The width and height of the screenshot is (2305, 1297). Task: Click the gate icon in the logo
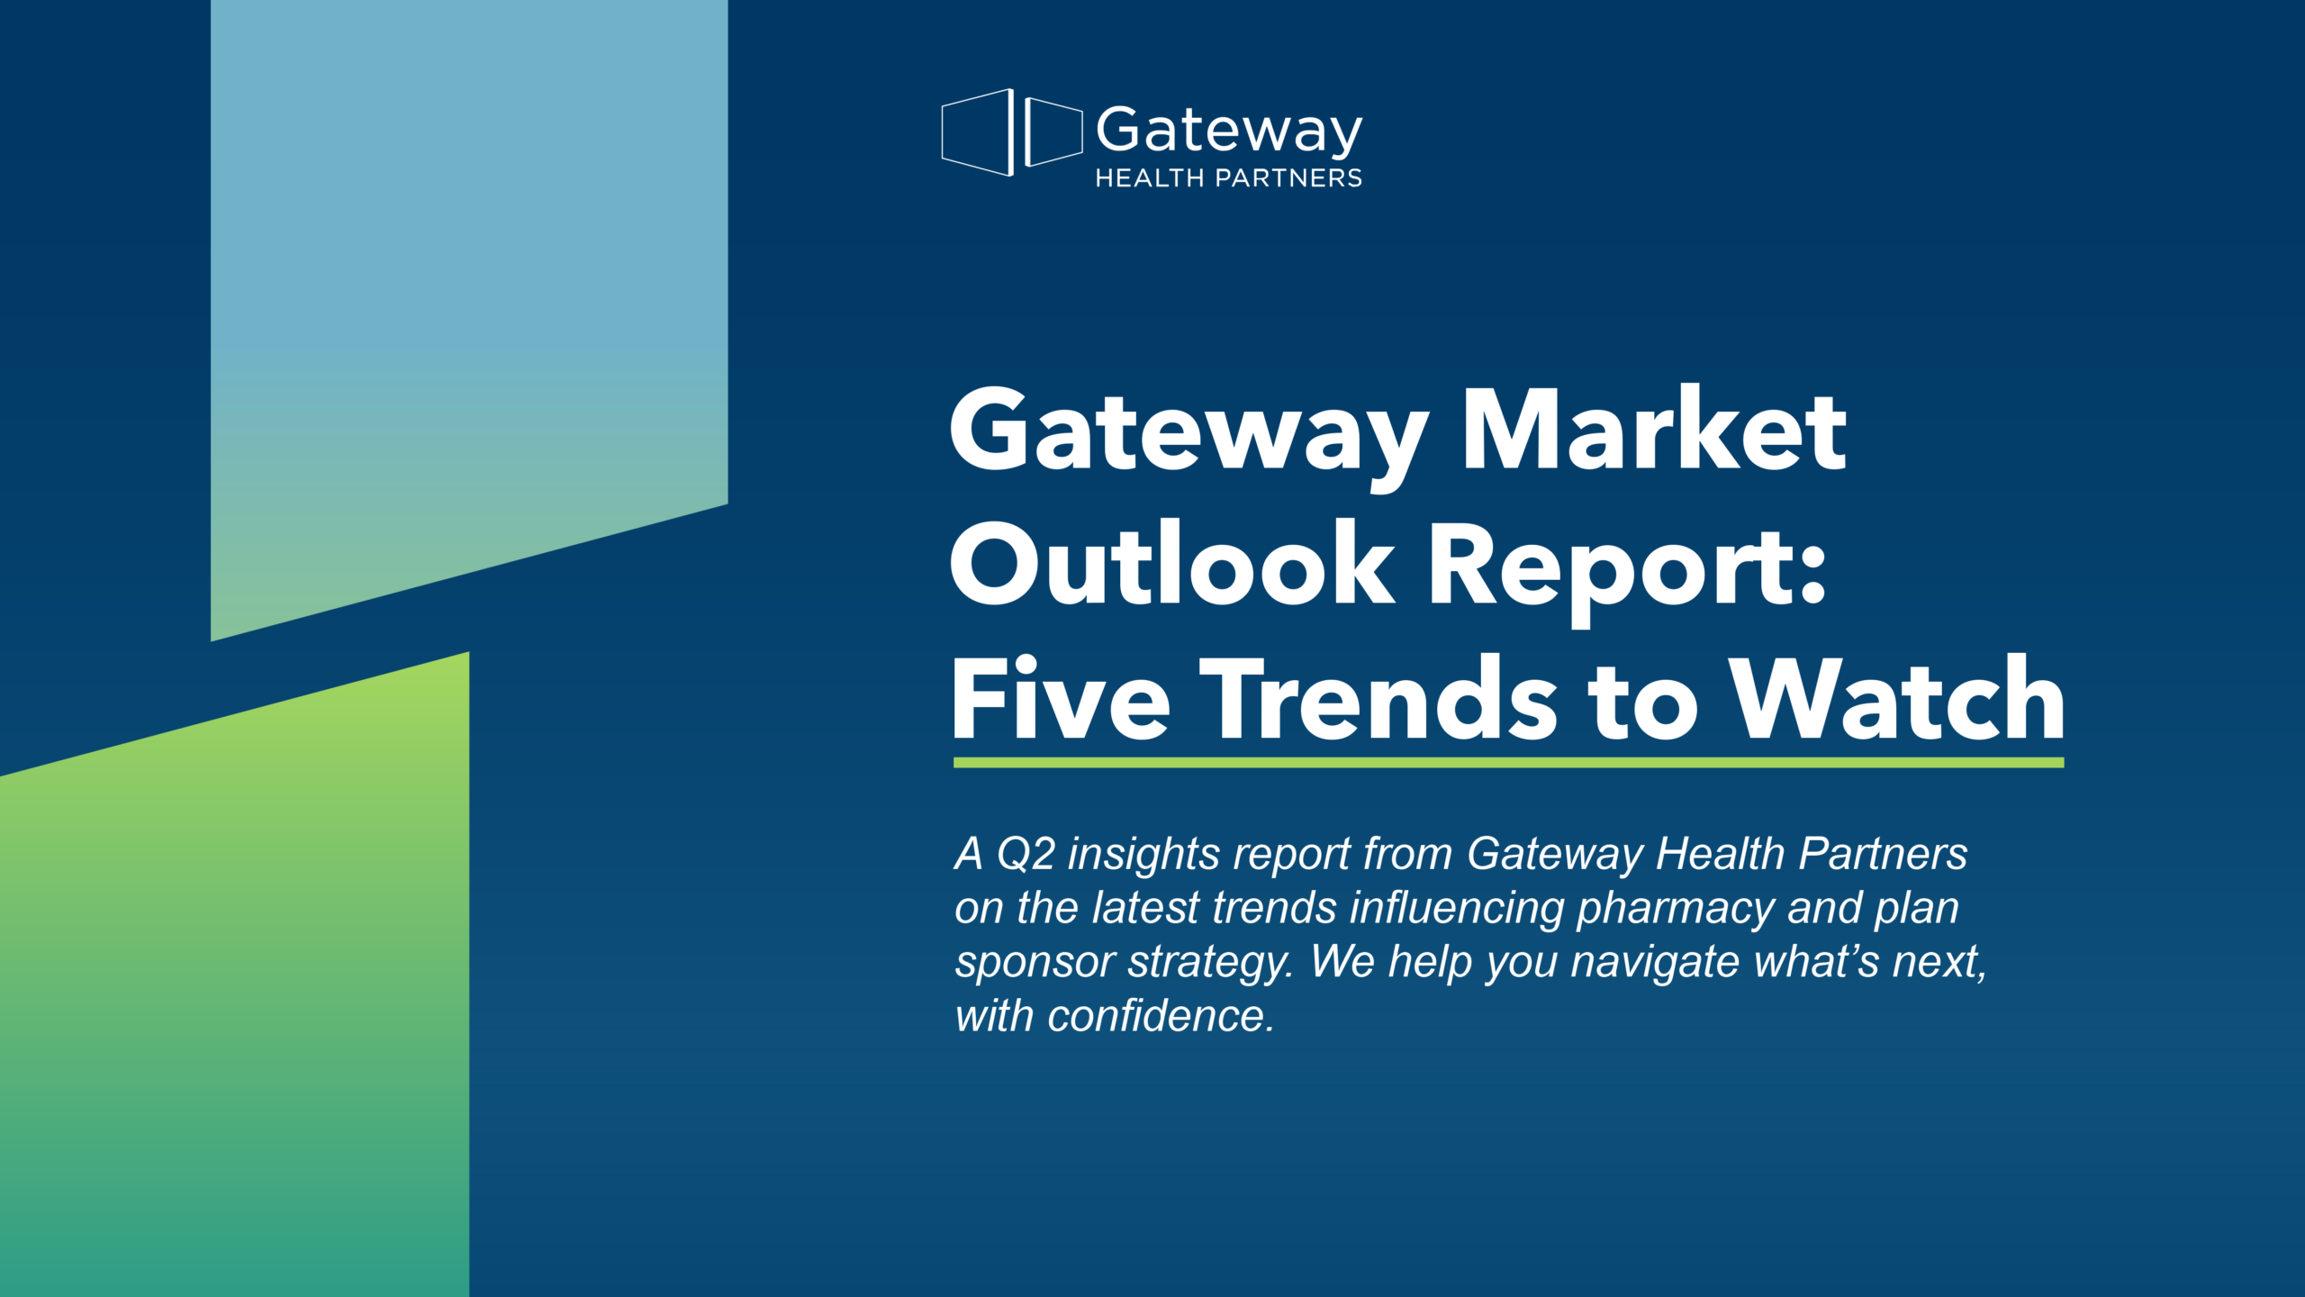(x=1011, y=132)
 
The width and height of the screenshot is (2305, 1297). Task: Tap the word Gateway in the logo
(x=1229, y=132)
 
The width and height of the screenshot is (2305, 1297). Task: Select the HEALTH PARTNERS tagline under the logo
(x=1228, y=178)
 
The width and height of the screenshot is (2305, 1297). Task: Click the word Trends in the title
(x=1387, y=699)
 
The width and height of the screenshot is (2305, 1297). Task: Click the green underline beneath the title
(x=1508, y=763)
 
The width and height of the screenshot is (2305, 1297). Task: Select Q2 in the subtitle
(x=1026, y=854)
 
